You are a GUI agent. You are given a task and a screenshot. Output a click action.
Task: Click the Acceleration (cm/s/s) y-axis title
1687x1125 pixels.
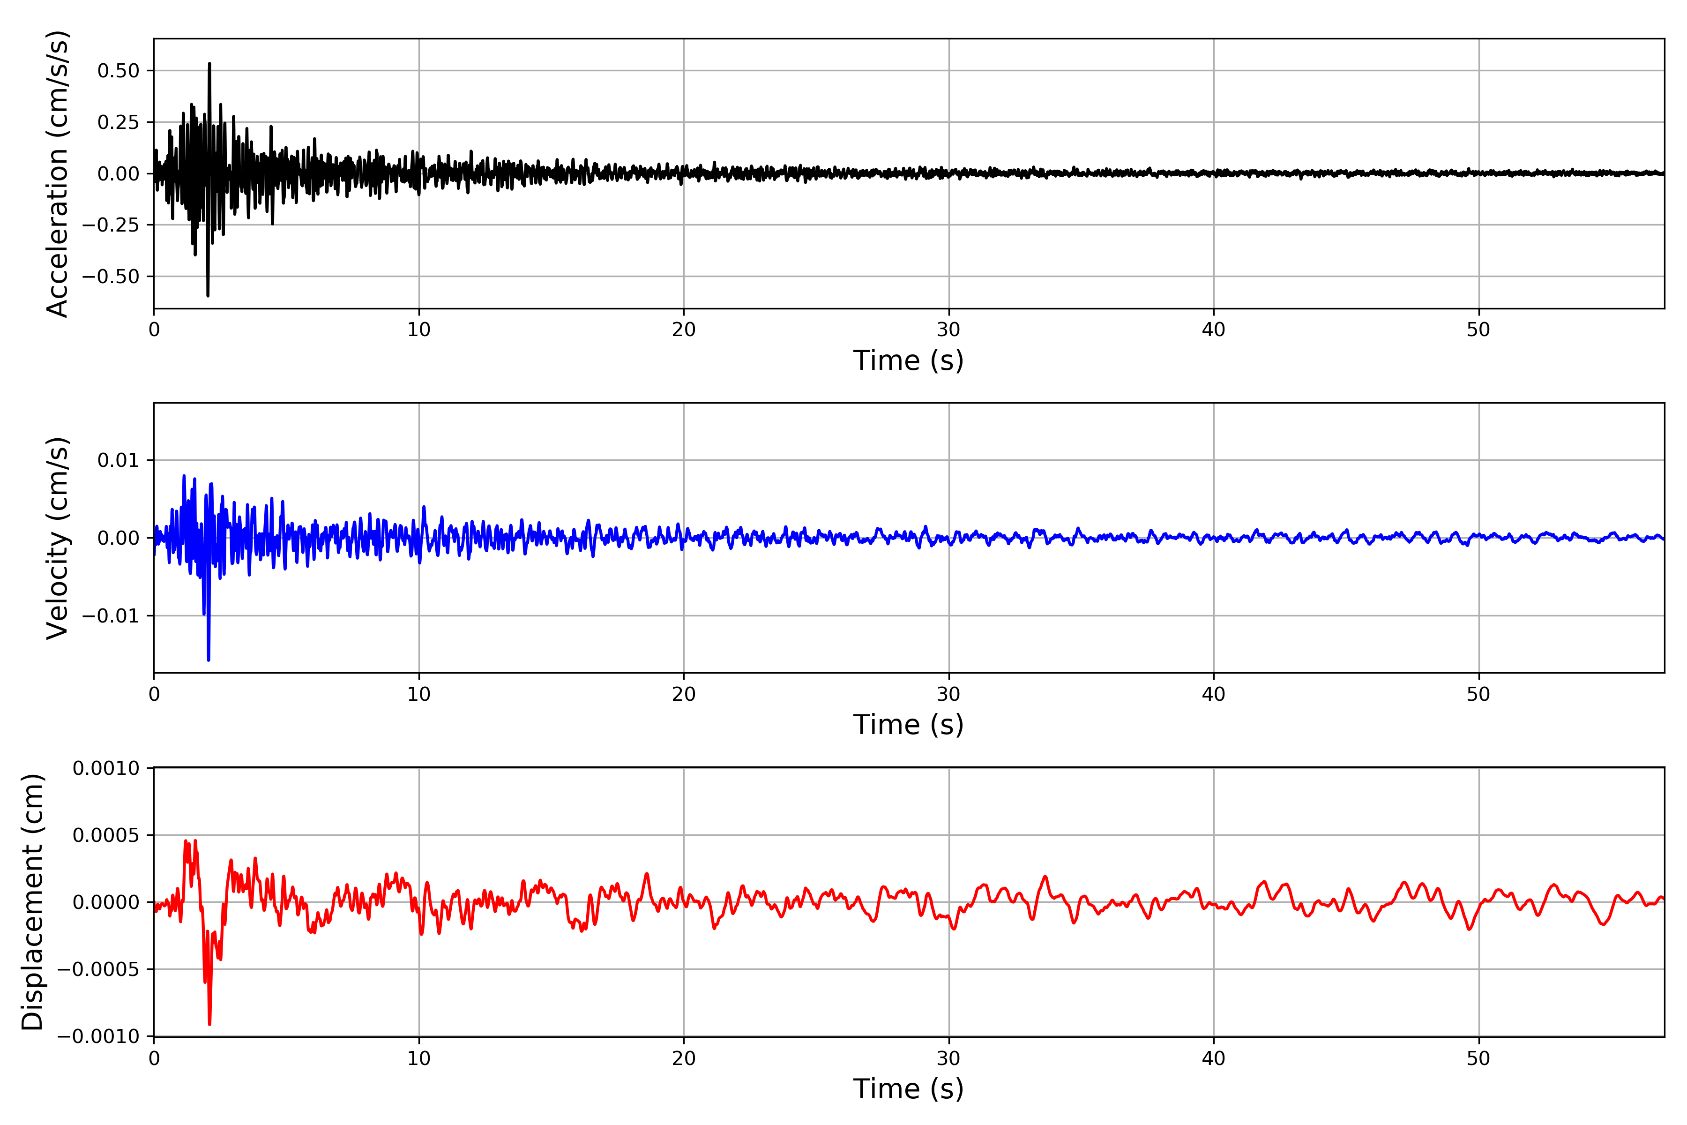click(57, 173)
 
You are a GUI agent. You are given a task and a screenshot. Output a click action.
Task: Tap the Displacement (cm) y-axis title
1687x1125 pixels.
click(32, 902)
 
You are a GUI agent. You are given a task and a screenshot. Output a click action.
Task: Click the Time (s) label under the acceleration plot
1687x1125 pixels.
click(908, 360)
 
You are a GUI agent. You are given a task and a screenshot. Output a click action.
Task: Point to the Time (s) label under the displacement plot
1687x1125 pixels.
click(908, 1088)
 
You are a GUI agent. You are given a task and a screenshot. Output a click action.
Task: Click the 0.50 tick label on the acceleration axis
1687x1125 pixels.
click(119, 71)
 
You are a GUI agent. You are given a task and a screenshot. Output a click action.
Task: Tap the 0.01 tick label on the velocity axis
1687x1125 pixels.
click(119, 460)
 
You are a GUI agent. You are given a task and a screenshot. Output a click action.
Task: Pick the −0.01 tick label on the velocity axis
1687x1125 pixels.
click(111, 615)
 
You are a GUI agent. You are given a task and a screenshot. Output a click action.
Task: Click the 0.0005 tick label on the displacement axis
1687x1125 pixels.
click(106, 835)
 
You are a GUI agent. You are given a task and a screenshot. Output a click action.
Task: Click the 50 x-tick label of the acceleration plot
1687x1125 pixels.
click(1478, 330)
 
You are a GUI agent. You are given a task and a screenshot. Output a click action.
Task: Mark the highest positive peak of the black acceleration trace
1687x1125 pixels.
click(209, 64)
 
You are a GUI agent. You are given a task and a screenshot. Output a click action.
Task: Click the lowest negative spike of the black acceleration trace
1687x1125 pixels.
click(208, 295)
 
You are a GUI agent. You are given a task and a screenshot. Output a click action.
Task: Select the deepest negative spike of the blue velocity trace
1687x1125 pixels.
click(209, 660)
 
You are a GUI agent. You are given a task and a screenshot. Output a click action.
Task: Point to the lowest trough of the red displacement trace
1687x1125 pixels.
click(209, 1024)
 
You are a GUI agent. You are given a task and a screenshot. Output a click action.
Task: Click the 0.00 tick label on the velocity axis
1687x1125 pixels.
click(119, 538)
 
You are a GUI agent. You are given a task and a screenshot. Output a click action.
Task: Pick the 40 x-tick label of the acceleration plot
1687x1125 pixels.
click(1214, 330)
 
